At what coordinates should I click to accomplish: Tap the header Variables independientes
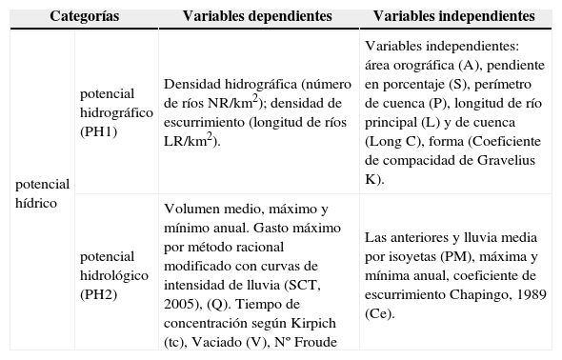(453, 17)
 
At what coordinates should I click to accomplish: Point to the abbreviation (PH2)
(99, 294)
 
